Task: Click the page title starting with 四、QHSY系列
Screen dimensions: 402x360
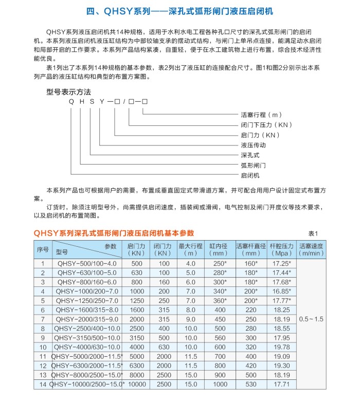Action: (180, 11)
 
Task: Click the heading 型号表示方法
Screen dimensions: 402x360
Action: (69, 92)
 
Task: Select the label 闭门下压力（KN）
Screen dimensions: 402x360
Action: (266, 125)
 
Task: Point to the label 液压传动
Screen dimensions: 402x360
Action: (253, 145)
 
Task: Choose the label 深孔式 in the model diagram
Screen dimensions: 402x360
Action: (250, 155)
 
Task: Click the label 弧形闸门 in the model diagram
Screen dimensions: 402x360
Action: (253, 165)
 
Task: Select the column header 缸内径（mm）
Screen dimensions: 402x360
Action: (219, 250)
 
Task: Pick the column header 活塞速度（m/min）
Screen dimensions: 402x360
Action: (312, 250)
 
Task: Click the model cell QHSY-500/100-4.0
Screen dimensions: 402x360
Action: (86, 263)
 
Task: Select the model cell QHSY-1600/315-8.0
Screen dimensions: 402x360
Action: (86, 310)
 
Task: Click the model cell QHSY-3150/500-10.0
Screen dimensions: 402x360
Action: (86, 338)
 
